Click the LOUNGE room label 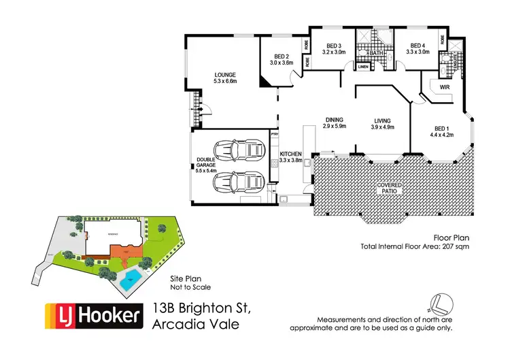(x=224, y=75)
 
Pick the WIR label (x=445, y=88)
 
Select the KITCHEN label (x=290, y=156)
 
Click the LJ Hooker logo (x=93, y=316)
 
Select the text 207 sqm (x=457, y=246)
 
